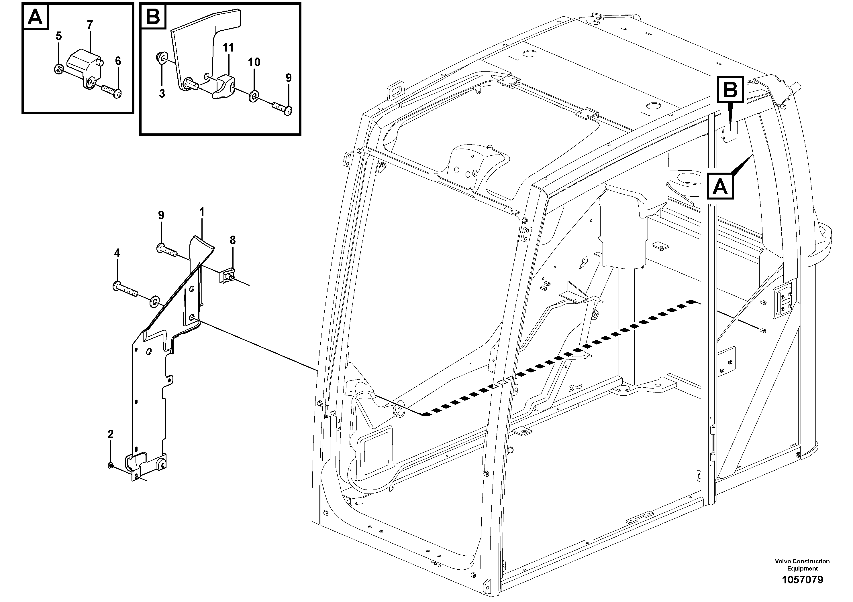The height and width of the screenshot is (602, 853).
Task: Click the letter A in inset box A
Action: (x=36, y=17)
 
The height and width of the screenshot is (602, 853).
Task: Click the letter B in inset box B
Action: (x=153, y=17)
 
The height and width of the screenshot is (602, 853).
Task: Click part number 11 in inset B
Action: (x=228, y=48)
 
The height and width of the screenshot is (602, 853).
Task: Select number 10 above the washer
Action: (x=254, y=62)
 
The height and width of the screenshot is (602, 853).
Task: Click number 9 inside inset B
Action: (x=289, y=78)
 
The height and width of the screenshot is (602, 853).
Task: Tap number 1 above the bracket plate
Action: (x=202, y=212)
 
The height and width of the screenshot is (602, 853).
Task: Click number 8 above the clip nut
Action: (x=233, y=240)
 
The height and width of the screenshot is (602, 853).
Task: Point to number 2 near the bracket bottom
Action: (x=110, y=434)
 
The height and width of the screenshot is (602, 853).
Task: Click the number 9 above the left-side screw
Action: (x=161, y=215)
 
